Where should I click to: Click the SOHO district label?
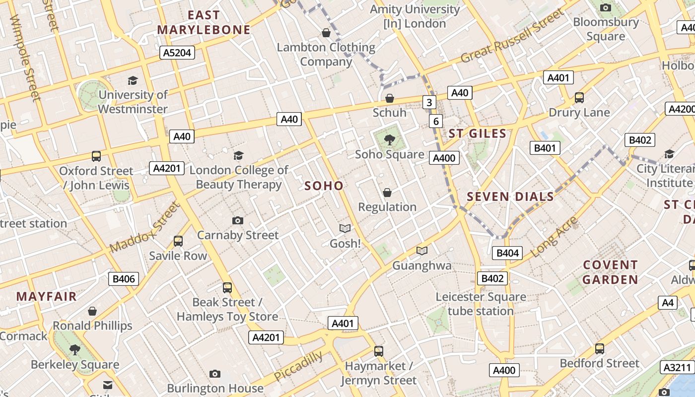tap(324, 186)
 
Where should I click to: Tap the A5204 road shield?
tap(177, 53)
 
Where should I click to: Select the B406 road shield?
tap(124, 278)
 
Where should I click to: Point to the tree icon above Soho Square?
tap(390, 139)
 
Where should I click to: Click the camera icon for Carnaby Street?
tap(238, 220)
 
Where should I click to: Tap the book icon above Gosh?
tap(345, 228)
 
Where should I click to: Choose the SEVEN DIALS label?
tap(510, 197)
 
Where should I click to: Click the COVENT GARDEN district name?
tap(610, 272)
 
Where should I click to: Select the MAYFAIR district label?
tap(47, 296)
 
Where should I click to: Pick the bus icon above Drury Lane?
tap(579, 98)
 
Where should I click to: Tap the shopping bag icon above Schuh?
tap(390, 98)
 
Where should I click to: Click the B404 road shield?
tap(508, 253)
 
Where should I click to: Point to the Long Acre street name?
tap(554, 237)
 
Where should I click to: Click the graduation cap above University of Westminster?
tap(133, 80)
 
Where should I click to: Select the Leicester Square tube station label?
tap(481, 304)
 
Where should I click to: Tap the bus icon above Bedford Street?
tap(599, 349)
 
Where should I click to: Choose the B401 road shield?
tap(545, 148)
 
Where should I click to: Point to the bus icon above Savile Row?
tap(178, 241)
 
